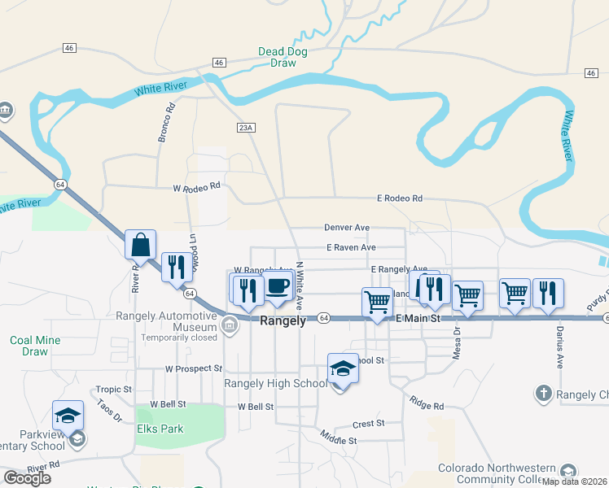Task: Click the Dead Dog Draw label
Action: tap(283, 57)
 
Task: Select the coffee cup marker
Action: tap(278, 286)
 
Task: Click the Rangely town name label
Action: tap(283, 321)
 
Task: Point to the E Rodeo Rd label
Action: tap(399, 198)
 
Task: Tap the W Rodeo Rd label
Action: tap(197, 186)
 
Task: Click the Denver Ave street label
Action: tap(347, 228)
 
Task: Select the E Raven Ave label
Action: tap(351, 247)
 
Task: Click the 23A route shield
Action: tap(247, 128)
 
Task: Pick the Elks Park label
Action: tap(160, 429)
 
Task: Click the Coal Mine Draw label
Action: tap(34, 346)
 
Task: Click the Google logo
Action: tap(27, 478)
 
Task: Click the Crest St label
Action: tap(368, 424)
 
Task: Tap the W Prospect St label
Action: tap(193, 368)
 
